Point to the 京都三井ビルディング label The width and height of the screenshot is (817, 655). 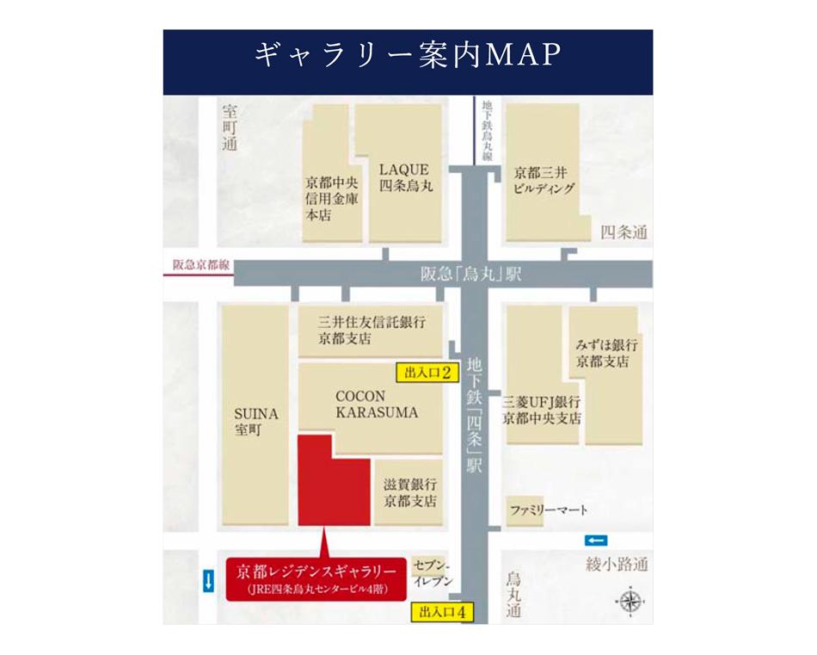click(543, 180)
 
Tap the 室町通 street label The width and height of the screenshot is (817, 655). click(229, 128)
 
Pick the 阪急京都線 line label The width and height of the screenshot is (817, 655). click(200, 266)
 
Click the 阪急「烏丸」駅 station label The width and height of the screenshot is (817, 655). click(471, 275)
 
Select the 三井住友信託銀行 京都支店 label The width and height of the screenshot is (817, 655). click(372, 330)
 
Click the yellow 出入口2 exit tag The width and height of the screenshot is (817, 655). click(423, 373)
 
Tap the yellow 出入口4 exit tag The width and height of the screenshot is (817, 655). click(442, 613)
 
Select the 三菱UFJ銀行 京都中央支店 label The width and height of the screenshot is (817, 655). click(543, 411)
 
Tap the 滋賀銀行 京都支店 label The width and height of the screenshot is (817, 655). click(410, 492)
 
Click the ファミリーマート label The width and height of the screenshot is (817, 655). click(548, 510)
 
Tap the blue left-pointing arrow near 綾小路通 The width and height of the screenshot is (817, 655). click(595, 540)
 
